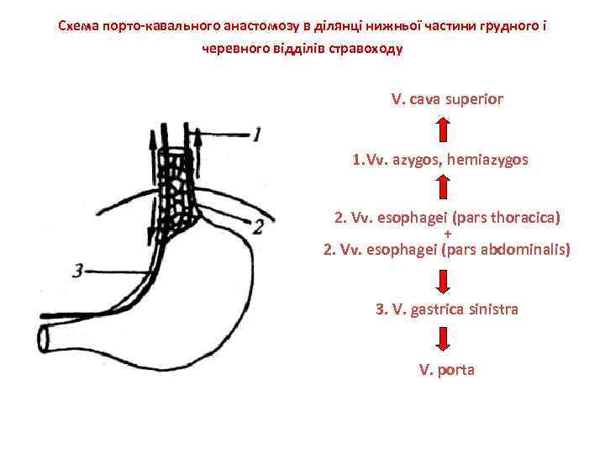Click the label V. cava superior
click(x=447, y=99)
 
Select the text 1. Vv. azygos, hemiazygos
click(x=440, y=158)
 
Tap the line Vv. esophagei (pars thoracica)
click(x=447, y=219)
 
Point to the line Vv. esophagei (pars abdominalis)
click(x=447, y=249)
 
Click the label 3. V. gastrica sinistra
click(x=446, y=309)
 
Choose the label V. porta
click(x=446, y=369)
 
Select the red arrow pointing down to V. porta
click(x=444, y=339)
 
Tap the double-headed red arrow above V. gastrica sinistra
click(x=444, y=279)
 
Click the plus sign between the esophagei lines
click(x=447, y=234)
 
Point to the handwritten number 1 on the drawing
click(x=257, y=133)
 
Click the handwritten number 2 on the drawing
click(x=258, y=226)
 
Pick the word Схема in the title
click(x=77, y=25)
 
